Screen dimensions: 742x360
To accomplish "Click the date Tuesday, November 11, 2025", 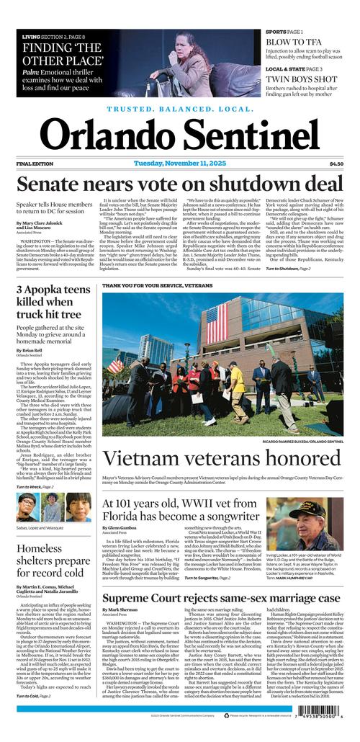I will tap(179, 164).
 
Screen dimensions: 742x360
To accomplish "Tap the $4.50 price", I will tap(336, 164).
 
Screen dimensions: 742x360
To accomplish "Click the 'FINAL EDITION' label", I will tap(35, 164).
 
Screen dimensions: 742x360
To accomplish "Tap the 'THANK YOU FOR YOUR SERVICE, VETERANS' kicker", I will tap(157, 286).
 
